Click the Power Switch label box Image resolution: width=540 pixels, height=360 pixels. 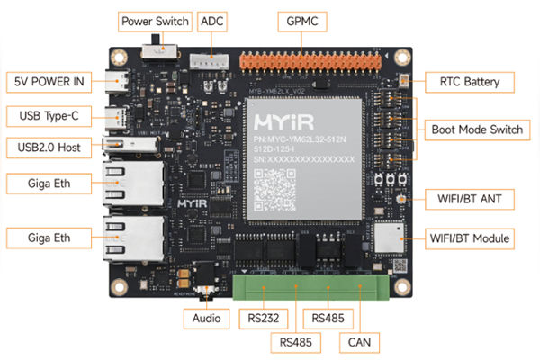154,21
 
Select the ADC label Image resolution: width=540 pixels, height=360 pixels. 212,21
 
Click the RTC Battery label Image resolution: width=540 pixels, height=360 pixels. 475,83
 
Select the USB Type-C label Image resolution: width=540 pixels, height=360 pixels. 48,116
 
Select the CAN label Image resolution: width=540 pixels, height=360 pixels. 358,342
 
